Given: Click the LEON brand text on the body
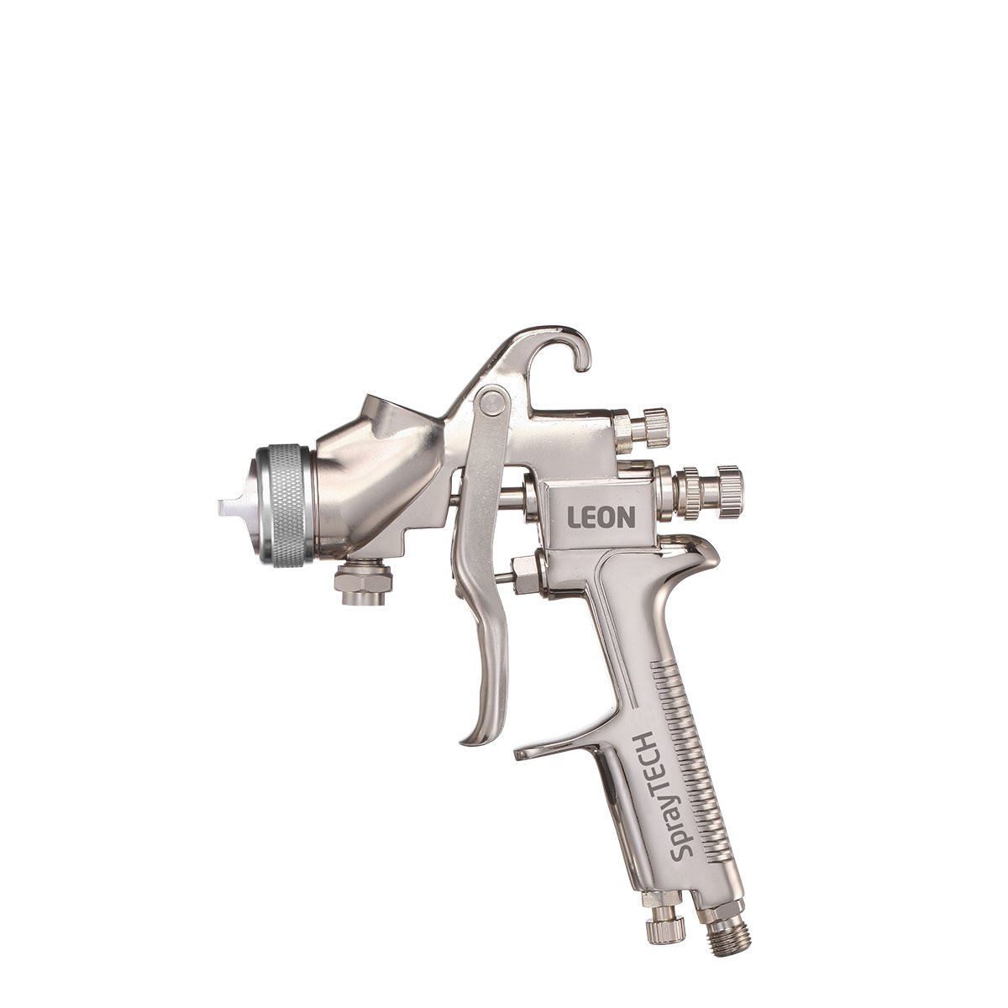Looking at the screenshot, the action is click(601, 517).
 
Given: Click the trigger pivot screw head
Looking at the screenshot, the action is click(491, 402).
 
